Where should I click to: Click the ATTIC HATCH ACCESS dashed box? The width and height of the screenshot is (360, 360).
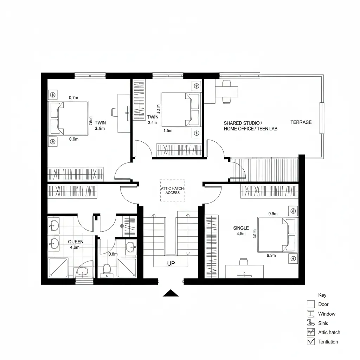click(x=173, y=191)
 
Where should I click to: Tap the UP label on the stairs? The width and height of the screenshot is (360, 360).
click(x=171, y=263)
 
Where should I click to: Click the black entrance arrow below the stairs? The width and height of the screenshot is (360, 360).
click(x=171, y=293)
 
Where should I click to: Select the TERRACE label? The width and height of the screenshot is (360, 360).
click(x=301, y=122)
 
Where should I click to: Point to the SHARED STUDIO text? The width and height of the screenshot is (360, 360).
click(x=243, y=123)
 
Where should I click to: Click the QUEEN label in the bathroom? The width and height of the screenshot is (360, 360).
click(x=76, y=242)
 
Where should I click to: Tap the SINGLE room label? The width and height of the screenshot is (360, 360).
click(x=241, y=228)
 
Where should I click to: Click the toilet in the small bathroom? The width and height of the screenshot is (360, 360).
click(x=107, y=270)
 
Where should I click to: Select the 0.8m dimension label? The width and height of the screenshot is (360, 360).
click(x=113, y=254)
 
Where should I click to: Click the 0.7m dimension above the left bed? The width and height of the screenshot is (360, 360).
click(x=73, y=98)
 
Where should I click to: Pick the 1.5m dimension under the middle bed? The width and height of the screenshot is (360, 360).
click(x=168, y=131)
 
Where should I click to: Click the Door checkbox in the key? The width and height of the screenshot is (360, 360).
click(x=310, y=304)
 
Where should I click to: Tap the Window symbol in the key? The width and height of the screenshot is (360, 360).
click(x=310, y=314)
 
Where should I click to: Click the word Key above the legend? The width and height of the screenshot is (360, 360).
click(x=322, y=295)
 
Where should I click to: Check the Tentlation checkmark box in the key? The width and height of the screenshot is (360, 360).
click(x=310, y=341)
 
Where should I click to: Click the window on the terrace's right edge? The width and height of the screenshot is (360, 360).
click(x=321, y=118)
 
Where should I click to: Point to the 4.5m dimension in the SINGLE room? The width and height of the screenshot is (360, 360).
click(x=241, y=234)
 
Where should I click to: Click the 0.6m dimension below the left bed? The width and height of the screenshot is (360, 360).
click(x=73, y=139)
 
